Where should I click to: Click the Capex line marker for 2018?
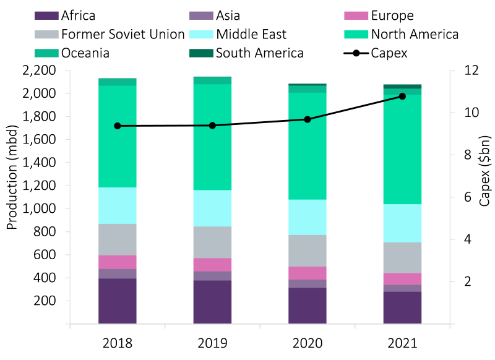(x=118, y=126)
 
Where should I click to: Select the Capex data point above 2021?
(x=402, y=96)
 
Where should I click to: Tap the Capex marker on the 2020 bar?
(x=308, y=119)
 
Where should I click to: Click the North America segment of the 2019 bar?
(x=212, y=137)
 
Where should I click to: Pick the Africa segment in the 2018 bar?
(x=118, y=301)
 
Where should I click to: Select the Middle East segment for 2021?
(x=402, y=223)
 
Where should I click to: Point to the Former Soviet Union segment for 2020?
(x=308, y=251)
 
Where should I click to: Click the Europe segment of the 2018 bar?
(x=118, y=262)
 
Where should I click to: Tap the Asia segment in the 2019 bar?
(x=212, y=276)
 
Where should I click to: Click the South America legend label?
(x=259, y=53)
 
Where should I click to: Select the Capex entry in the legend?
(x=389, y=53)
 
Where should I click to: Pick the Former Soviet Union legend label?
(x=123, y=34)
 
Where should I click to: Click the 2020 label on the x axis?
(x=308, y=342)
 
